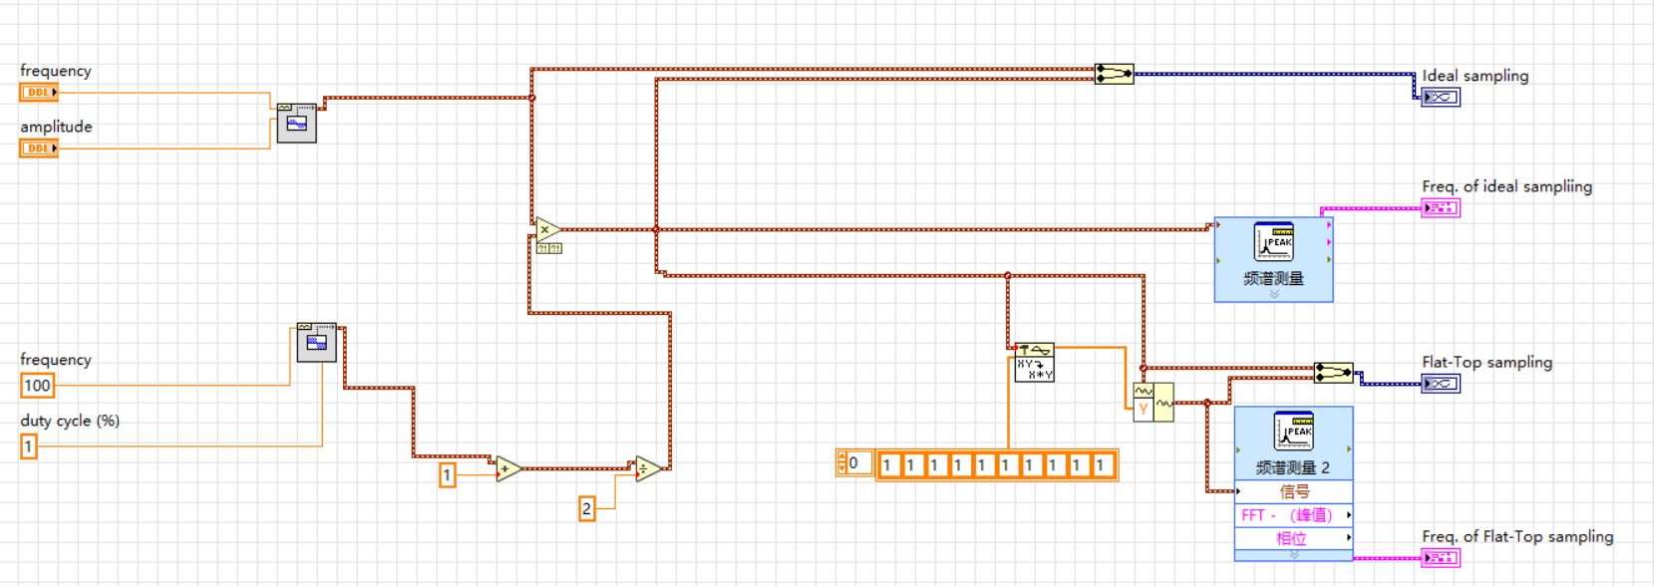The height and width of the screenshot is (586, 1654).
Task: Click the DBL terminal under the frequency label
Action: [x=39, y=92]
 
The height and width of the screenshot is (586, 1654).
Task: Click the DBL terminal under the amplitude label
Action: [x=39, y=147]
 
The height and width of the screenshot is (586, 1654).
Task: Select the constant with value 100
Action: [x=37, y=386]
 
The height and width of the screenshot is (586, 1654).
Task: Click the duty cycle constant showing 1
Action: [x=29, y=446]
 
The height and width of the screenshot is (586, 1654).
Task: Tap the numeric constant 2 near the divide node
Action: [x=586, y=509]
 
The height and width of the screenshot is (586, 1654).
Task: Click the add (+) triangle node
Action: [x=507, y=468]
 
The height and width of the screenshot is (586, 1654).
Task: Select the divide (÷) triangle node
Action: [x=647, y=468]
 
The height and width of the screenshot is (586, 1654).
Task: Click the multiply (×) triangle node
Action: [x=546, y=230]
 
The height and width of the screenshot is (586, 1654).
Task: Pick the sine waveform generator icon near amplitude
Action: [x=296, y=124]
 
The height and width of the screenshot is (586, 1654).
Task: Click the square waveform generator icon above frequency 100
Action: [x=316, y=343]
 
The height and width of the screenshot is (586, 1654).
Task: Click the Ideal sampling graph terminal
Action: [x=1441, y=97]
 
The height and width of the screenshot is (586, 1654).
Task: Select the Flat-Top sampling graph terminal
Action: [x=1441, y=383]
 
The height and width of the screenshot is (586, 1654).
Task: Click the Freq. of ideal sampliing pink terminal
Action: [x=1441, y=208]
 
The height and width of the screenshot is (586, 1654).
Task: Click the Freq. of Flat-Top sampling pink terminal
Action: [x=1441, y=558]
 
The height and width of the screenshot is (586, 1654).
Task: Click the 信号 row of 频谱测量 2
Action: [x=1293, y=491]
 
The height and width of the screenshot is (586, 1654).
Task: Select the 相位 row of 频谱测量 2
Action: [x=1293, y=538]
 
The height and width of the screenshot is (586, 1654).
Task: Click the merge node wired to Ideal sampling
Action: [x=1114, y=74]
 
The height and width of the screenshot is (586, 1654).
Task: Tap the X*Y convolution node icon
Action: [x=1034, y=363]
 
